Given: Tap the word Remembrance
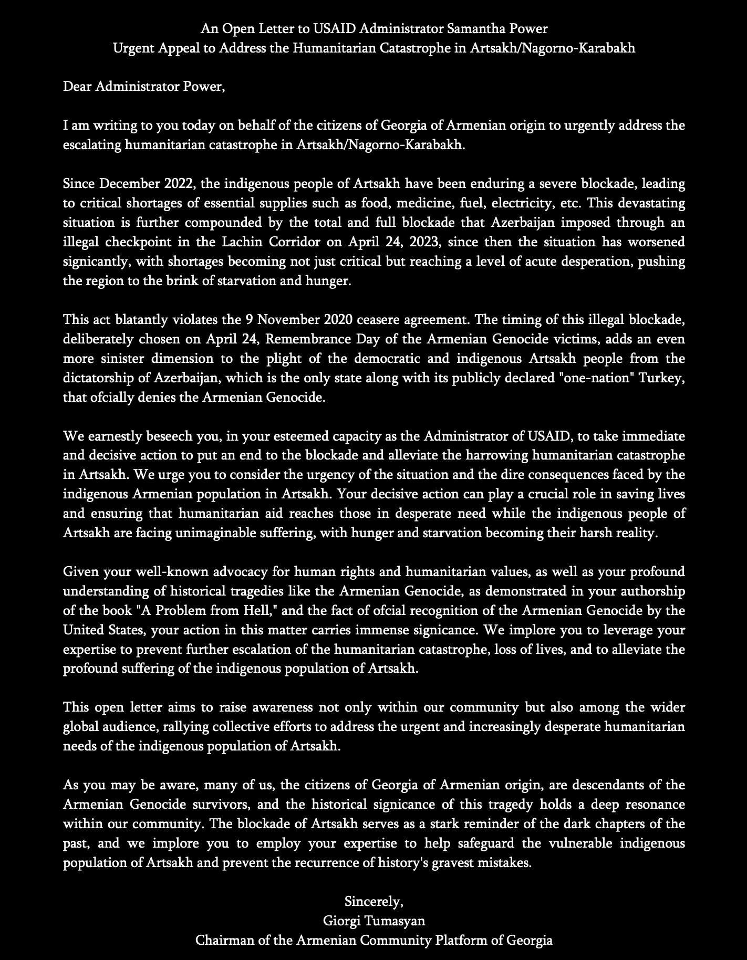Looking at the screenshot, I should click(x=308, y=339).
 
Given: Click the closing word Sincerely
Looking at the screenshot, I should click(x=373, y=902).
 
